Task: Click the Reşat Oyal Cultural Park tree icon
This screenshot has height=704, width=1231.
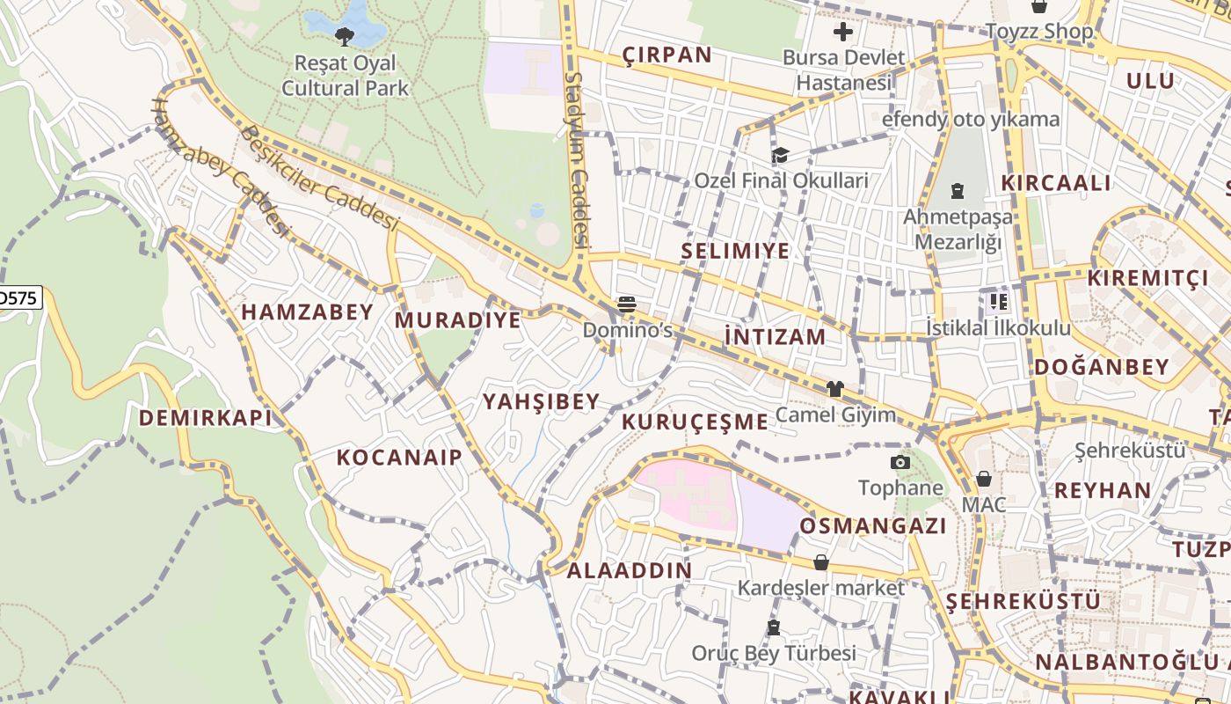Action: click(345, 36)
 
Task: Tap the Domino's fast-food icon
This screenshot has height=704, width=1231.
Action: click(627, 304)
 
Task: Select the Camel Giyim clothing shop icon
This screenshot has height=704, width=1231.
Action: click(834, 388)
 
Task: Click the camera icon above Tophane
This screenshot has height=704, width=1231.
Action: click(900, 462)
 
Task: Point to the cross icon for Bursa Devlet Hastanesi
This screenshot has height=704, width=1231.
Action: click(843, 33)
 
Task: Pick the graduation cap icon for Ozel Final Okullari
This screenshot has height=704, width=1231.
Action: click(780, 156)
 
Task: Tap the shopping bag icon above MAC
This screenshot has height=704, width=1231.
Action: click(983, 479)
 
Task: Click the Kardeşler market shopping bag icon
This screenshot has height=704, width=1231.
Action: click(820, 561)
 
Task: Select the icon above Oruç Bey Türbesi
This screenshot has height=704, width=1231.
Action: click(774, 627)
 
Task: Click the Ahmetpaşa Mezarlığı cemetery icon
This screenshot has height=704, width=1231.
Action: click(958, 190)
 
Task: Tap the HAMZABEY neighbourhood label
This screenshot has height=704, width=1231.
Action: click(308, 312)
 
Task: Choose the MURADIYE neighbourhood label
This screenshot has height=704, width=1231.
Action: click(457, 320)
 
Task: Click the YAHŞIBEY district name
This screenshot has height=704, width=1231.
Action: click(541, 402)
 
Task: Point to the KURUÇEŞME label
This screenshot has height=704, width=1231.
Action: click(695, 422)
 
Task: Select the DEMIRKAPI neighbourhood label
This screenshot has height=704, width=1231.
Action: click(206, 418)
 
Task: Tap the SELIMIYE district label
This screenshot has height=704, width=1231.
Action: click(735, 252)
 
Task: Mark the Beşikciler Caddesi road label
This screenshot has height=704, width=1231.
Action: click(320, 179)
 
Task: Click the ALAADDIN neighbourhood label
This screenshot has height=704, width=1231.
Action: click(629, 570)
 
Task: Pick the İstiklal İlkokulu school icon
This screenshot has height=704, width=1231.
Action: click(998, 302)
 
